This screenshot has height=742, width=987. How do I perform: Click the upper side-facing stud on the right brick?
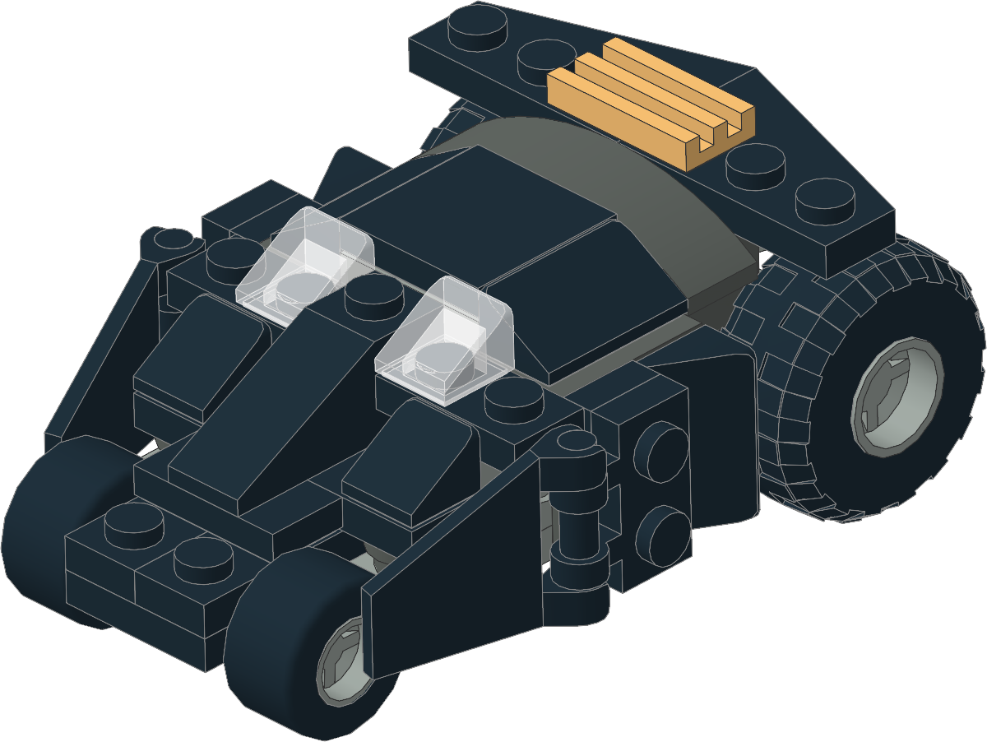662,452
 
